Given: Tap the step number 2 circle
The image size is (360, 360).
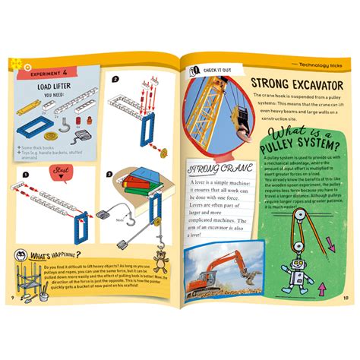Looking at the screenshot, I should pyautogui.click(x=115, y=78).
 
